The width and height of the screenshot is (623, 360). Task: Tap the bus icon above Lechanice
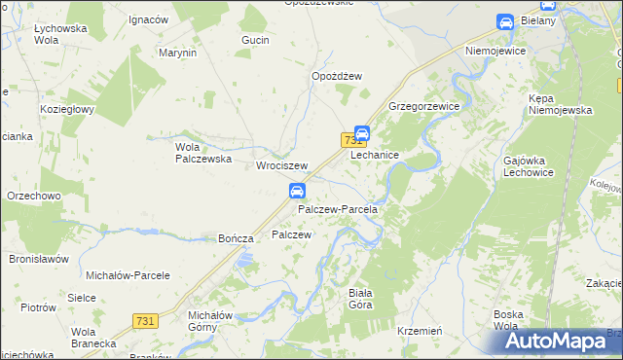[361, 133]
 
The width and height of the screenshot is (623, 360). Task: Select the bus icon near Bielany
[505, 22]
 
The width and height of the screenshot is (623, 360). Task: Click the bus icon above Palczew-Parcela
[299, 191]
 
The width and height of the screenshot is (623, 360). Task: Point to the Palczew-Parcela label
[337, 209]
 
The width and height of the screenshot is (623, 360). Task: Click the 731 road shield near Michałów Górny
[145, 321]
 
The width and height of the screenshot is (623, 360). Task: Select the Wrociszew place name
[281, 166]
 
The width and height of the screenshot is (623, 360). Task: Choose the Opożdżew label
[337, 76]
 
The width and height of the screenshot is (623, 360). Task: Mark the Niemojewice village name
[496, 50]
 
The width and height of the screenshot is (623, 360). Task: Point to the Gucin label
[255, 41]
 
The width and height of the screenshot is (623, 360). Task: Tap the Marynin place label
[177, 53]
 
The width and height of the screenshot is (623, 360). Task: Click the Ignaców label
[148, 19]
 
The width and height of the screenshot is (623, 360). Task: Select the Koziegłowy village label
[66, 109]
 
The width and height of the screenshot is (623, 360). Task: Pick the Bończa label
[236, 238]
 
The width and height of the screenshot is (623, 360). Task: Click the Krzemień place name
[421, 331]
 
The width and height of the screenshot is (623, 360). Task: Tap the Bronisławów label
[38, 260]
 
